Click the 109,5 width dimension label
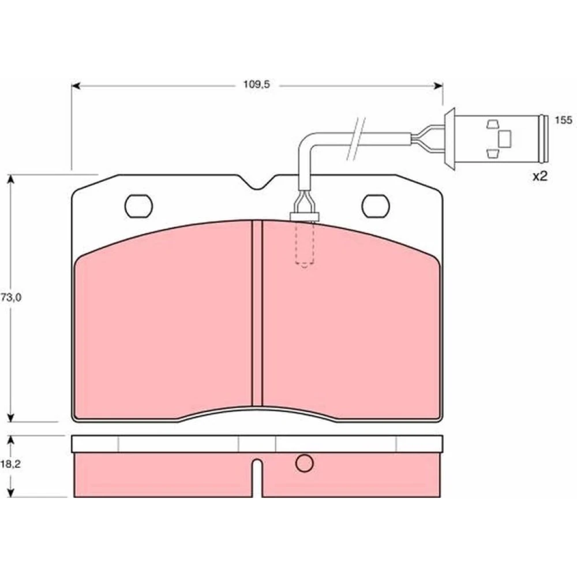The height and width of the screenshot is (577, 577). coord(257,85)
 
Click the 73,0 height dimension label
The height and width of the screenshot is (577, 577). coord(10,297)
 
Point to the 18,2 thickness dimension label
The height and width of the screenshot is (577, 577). coord(10,464)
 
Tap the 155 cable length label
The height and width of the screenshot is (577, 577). coord(563,120)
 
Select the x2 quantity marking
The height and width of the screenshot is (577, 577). coord(540,176)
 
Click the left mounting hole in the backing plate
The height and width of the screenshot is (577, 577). coord(138,206)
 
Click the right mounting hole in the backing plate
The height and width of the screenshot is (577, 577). coord(376,206)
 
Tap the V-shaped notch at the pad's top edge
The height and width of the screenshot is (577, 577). coord(257,183)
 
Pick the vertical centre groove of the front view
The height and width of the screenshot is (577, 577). coord(257,313)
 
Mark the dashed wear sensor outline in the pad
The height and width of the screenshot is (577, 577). coord(304,244)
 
